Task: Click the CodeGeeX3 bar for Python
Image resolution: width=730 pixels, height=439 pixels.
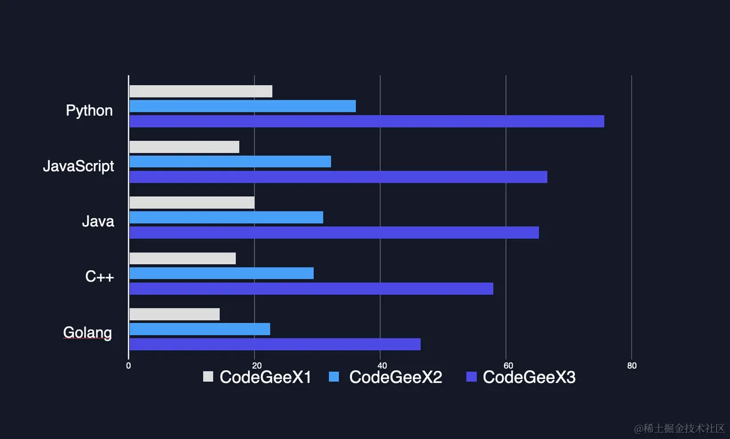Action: [367, 121]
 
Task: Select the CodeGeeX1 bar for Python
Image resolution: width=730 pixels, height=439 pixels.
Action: [201, 91]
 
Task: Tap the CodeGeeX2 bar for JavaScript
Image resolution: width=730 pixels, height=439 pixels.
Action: [230, 161]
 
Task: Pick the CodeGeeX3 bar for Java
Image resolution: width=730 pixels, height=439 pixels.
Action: [334, 233]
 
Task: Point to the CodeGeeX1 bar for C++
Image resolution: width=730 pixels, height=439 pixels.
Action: [182, 258]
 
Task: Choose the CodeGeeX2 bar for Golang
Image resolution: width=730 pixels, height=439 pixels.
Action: [200, 329]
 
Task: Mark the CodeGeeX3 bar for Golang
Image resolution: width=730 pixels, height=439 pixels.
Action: [275, 344]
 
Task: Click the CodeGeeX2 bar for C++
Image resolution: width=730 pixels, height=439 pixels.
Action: [221, 273]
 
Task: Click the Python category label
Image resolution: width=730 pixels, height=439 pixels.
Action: [90, 110]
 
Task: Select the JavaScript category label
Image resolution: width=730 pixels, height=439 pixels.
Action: [79, 166]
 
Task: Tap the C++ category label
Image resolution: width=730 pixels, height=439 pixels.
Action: [100, 277]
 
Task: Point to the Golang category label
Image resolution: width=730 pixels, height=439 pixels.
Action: [87, 332]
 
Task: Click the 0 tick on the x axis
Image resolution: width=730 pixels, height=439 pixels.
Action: [128, 366]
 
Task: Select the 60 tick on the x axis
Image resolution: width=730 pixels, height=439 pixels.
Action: [506, 366]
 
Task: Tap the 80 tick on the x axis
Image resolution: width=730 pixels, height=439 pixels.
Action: [632, 366]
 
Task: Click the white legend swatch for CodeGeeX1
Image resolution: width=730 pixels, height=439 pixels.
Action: [208, 377]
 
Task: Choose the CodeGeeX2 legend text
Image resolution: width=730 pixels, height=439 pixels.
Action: [395, 377]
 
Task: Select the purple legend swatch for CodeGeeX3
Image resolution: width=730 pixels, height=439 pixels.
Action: [471, 377]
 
